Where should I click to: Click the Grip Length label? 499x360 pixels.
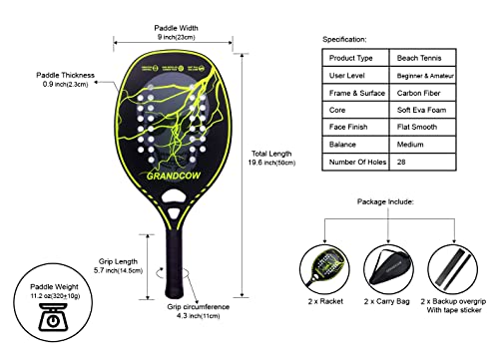121,261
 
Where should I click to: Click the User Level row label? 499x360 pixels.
355,77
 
